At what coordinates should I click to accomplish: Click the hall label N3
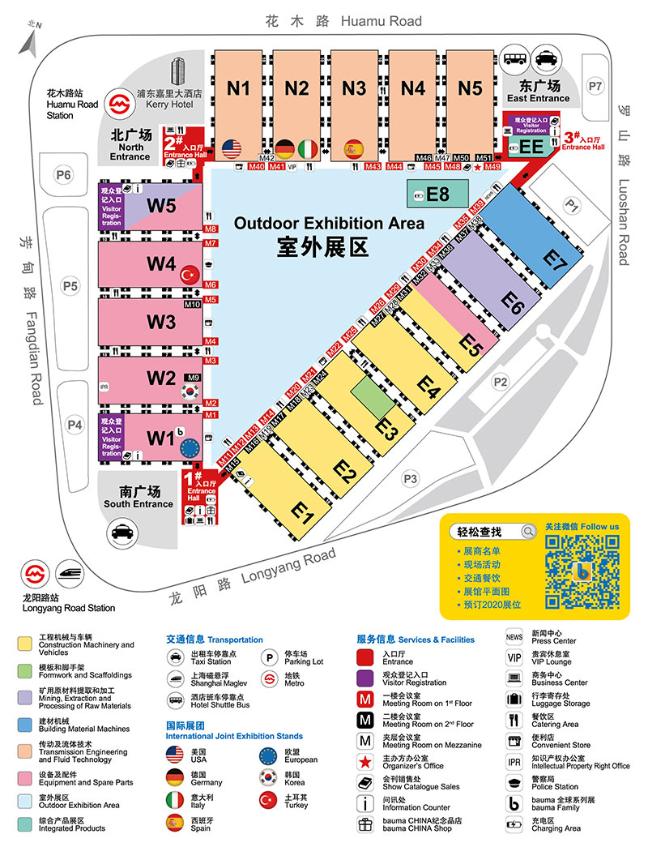click(x=354, y=88)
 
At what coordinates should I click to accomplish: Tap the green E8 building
click(x=438, y=194)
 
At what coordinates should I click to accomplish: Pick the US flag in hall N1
click(x=232, y=148)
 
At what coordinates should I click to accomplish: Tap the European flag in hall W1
click(x=190, y=447)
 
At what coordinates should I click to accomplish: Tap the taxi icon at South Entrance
click(x=122, y=533)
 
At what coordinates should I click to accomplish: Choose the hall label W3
click(x=161, y=322)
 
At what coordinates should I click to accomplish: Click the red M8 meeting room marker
click(x=211, y=229)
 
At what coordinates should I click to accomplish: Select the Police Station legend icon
click(x=514, y=783)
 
